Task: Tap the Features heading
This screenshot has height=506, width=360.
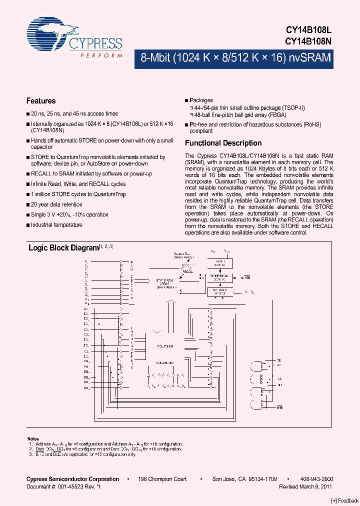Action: pyautogui.click(x=41, y=101)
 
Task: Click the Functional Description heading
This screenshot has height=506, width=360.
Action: pyautogui.click(x=223, y=143)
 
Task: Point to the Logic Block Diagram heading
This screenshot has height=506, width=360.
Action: pyautogui.click(x=63, y=247)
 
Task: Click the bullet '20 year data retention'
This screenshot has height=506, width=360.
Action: pyautogui.click(x=56, y=204)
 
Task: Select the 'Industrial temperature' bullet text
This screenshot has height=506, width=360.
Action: pyautogui.click(x=56, y=225)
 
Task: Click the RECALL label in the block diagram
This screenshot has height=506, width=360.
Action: pyautogui.click(x=187, y=272)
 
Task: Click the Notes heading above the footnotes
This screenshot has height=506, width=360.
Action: pyautogui.click(x=32, y=438)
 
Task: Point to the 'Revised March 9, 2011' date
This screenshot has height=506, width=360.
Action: pyautogui.click(x=305, y=486)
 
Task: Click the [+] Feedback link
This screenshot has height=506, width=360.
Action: pyautogui.click(x=345, y=501)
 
